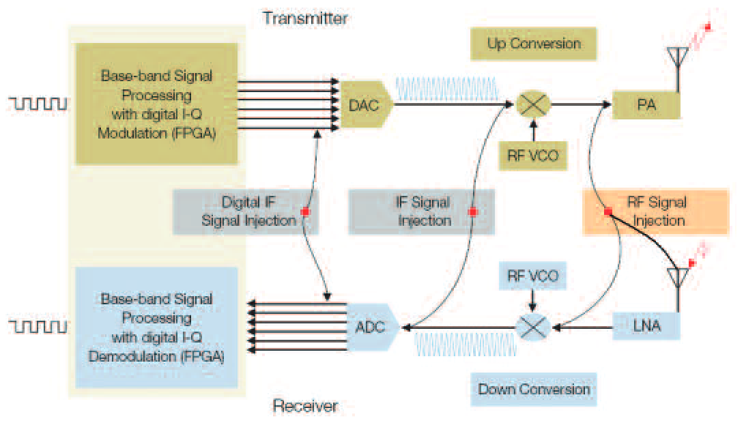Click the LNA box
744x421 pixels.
(646, 326)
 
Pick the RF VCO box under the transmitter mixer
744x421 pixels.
(532, 156)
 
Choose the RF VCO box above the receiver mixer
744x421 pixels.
(532, 277)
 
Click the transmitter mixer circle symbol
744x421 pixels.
(532, 105)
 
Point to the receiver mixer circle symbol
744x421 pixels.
(532, 328)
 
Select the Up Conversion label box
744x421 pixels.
(534, 44)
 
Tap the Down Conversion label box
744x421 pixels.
(534, 390)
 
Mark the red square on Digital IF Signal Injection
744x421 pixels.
(305, 212)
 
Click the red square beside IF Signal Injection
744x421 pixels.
(472, 212)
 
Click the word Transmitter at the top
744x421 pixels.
(305, 18)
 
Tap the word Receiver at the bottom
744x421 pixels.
(305, 407)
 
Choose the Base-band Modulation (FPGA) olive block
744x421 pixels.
(156, 104)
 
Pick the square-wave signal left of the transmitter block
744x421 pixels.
(38, 104)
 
